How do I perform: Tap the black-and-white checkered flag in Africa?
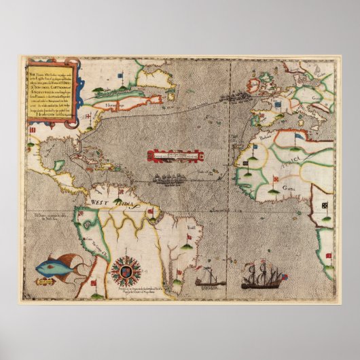point(324,204)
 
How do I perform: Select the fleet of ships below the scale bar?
point(169,179)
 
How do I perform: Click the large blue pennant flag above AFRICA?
point(299,137)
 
